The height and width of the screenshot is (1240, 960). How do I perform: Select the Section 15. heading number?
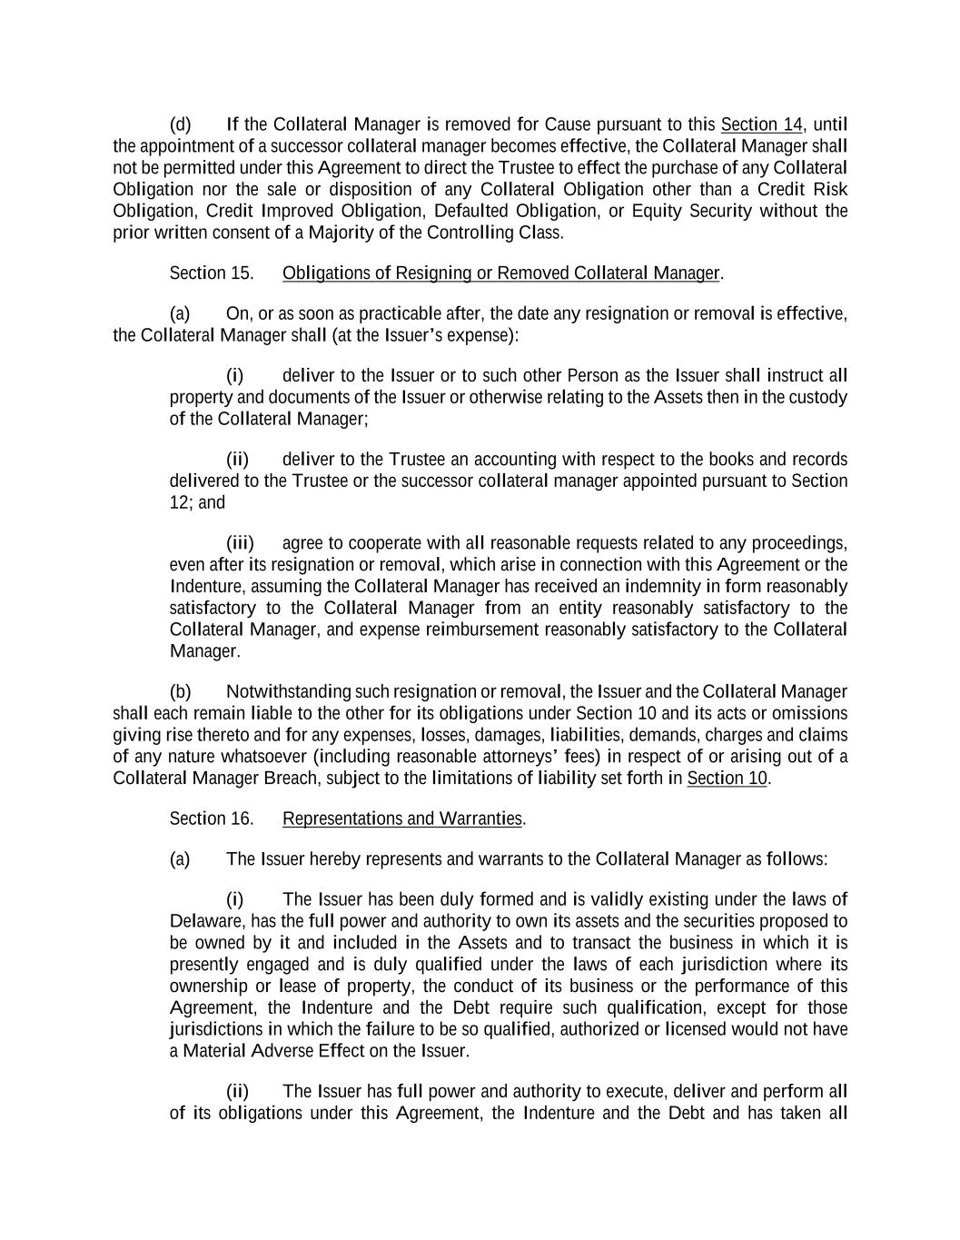[x=211, y=273]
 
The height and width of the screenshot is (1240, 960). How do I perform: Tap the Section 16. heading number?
[x=211, y=819]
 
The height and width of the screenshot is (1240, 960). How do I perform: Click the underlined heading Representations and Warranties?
[x=402, y=819]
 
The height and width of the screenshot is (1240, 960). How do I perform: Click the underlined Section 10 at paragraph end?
[x=727, y=779]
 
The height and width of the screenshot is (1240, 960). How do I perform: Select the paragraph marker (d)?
[x=181, y=124]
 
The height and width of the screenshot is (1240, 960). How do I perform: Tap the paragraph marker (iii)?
[x=240, y=543]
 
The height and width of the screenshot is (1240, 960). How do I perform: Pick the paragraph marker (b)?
[x=181, y=692]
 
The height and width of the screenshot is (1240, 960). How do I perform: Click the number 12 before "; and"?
[x=178, y=502]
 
